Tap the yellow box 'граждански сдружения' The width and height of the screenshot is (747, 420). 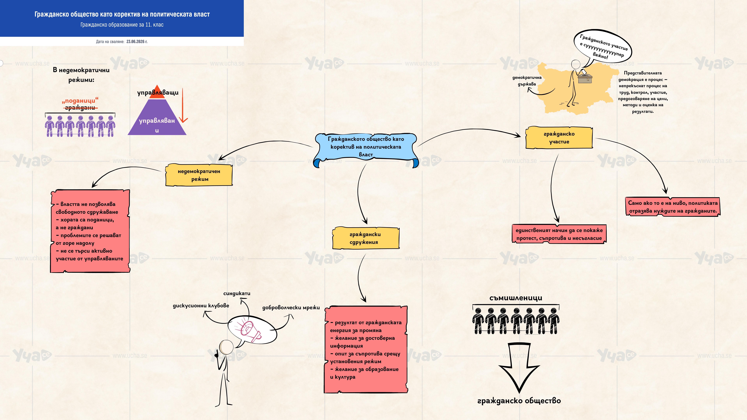(x=366, y=238)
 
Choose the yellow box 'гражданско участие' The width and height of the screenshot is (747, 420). (x=559, y=138)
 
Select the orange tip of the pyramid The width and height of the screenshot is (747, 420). (x=157, y=92)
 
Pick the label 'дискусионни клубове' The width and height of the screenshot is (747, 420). (x=201, y=306)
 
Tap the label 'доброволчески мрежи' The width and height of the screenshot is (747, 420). (x=291, y=308)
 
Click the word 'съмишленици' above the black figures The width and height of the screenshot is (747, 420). (x=516, y=298)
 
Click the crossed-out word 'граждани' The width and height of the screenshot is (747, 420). (x=80, y=108)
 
